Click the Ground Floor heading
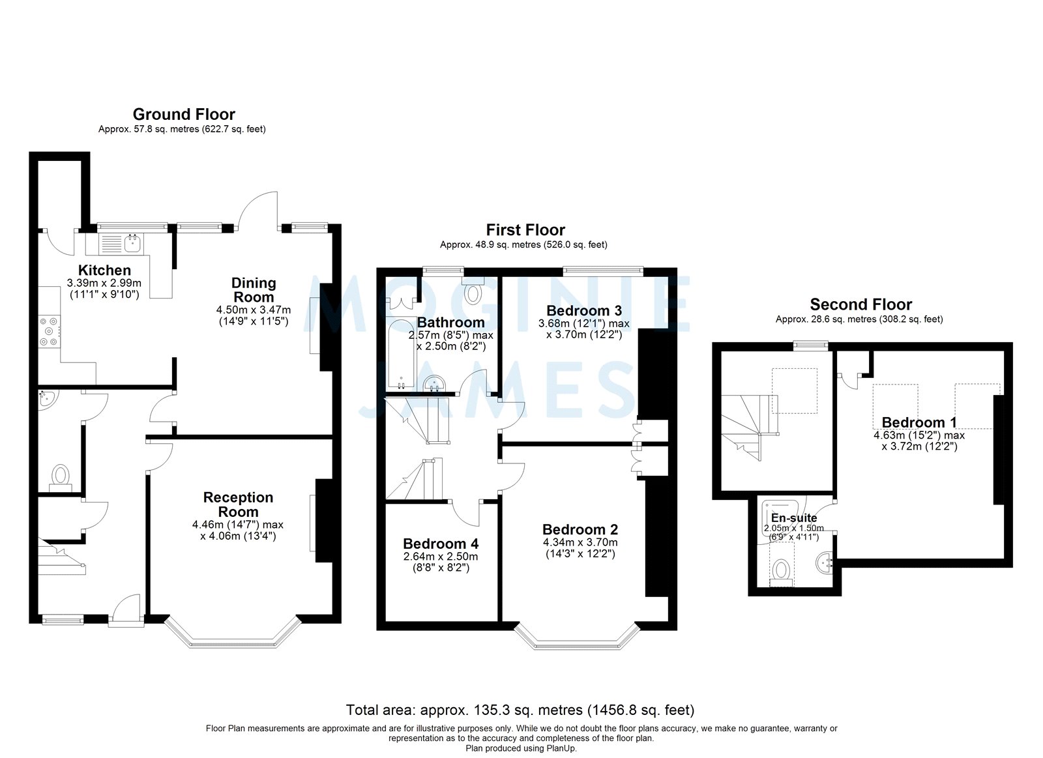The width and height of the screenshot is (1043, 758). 184,115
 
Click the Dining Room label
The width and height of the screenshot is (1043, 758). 254,289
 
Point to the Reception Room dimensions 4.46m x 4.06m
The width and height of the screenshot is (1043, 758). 237,530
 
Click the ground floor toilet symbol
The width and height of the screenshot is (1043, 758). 61,475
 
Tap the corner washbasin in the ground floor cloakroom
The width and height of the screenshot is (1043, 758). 46,398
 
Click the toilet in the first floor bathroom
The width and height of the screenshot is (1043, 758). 473,293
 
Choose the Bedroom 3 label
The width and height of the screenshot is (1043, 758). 584,310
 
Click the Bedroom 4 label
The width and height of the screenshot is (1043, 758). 441,544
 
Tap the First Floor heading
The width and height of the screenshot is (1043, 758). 525,230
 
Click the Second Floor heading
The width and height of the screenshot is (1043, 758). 860,304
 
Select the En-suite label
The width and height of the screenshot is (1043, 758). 793,518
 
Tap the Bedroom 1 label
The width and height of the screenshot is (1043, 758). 919,422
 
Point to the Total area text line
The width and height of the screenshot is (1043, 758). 520,710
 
